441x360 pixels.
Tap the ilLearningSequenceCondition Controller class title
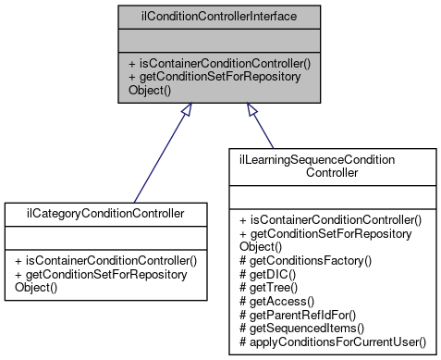click(x=330, y=167)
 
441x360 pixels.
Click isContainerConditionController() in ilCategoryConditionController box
click(x=105, y=260)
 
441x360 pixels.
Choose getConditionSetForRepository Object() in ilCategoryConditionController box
click(x=102, y=280)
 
